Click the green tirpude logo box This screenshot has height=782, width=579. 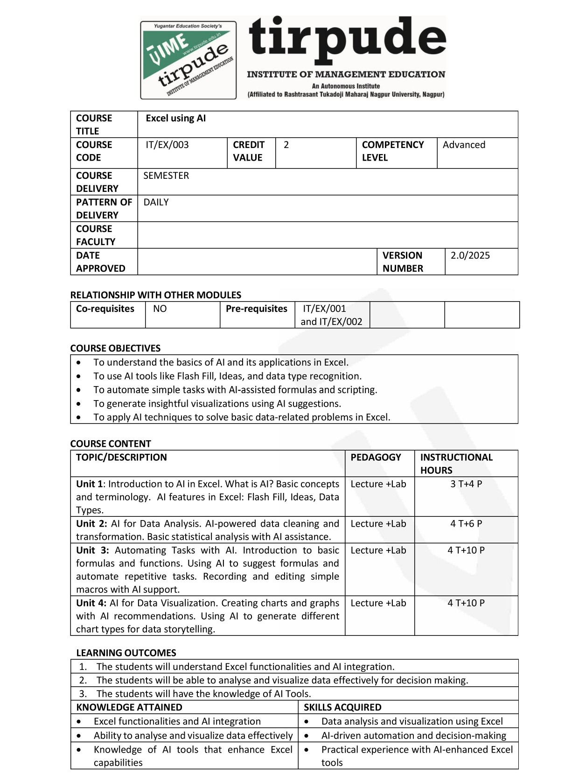click(188, 60)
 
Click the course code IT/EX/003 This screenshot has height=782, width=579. click(167, 145)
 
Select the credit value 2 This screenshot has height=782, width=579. click(286, 145)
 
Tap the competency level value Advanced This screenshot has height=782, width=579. click(464, 145)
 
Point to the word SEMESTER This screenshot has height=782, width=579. click(166, 176)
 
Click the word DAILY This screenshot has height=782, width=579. click(156, 202)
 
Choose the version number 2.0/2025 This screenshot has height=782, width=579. click(470, 255)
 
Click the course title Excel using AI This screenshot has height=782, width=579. click(175, 118)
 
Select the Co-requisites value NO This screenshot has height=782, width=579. click(160, 309)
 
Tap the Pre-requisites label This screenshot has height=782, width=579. click(256, 309)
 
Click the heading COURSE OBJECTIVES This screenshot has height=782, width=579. click(115, 348)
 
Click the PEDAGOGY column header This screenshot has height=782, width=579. click(376, 457)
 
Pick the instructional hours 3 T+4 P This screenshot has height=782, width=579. click(466, 484)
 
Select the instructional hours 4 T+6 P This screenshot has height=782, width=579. click(466, 523)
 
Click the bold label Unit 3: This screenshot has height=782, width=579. click(92, 550)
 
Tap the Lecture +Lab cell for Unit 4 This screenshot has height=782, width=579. click(378, 603)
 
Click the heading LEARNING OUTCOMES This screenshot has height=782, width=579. click(126, 653)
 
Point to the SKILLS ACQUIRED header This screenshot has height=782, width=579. click(342, 707)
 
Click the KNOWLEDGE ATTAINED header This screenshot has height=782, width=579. click(129, 707)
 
